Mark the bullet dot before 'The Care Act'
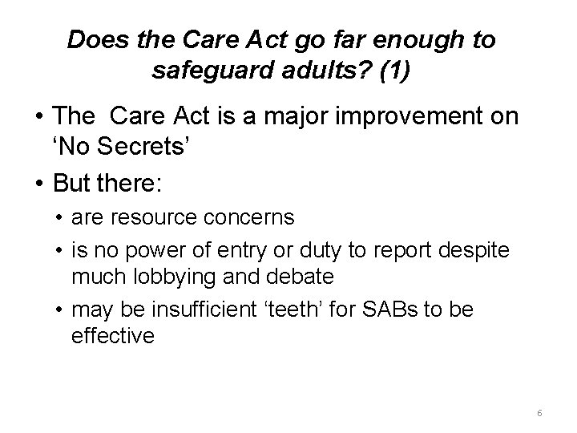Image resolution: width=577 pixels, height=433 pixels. [38, 117]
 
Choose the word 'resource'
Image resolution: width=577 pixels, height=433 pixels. [149, 216]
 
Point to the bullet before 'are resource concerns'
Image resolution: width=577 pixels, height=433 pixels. [60, 216]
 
